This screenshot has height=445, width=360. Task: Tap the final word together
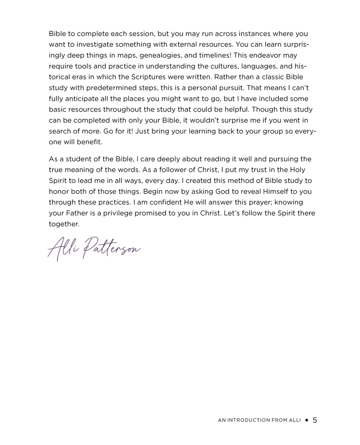[x=64, y=224]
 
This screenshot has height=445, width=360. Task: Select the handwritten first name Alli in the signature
[x=60, y=248]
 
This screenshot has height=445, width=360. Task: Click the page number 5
[x=315, y=420]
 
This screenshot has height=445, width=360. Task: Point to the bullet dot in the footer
[x=307, y=420]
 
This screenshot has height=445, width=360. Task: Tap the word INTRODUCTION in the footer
[x=249, y=420]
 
